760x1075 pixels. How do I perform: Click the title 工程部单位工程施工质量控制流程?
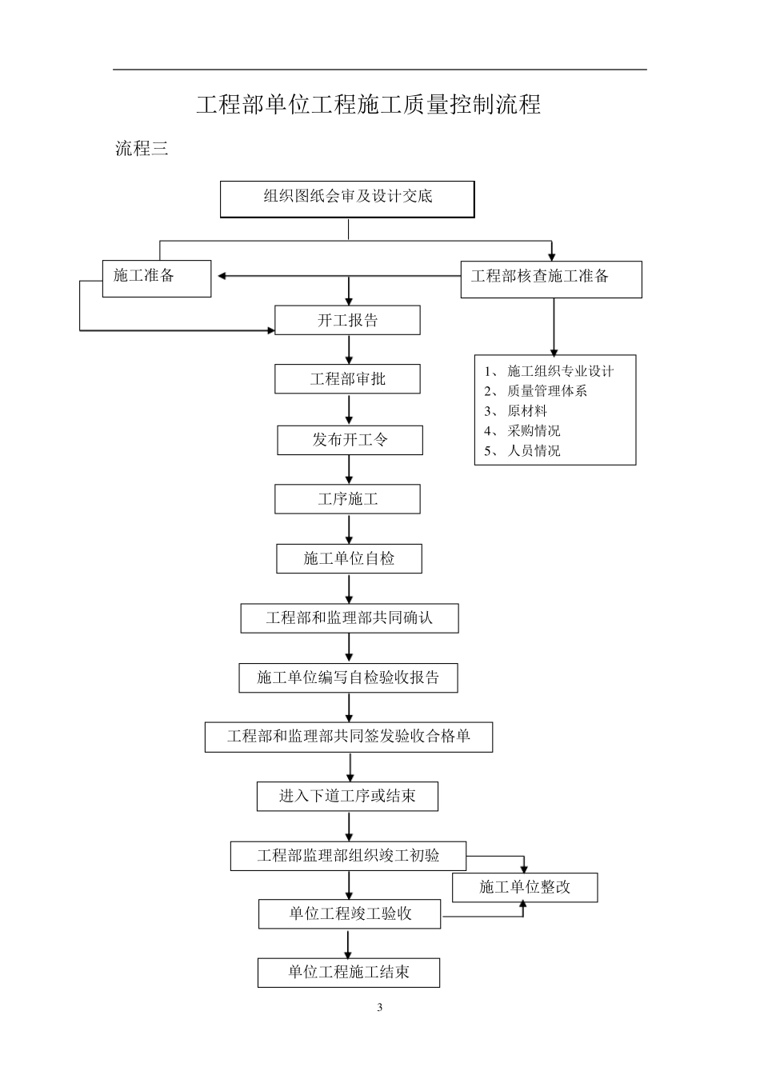point(369,105)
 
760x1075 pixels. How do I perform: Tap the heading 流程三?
point(142,149)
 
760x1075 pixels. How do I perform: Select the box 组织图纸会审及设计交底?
point(347,198)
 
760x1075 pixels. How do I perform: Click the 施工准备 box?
point(157,278)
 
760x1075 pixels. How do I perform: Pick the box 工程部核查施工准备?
point(550,279)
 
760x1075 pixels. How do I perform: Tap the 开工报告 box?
point(347,320)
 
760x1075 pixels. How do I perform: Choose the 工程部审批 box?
point(347,379)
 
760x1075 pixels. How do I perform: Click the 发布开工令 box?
point(350,440)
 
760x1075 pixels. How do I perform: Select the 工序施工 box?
point(347,499)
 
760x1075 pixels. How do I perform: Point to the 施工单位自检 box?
point(349,558)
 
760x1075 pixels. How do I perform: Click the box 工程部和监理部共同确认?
point(350,618)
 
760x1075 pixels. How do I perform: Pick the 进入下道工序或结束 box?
point(347,797)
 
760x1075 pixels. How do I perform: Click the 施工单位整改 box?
point(525,887)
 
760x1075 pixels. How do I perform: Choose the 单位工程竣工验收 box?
point(350,913)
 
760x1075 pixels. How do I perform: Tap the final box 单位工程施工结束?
point(349,973)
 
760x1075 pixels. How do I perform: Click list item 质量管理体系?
point(547,391)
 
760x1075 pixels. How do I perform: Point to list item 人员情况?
point(534,451)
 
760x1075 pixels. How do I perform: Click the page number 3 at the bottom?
point(380,1007)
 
